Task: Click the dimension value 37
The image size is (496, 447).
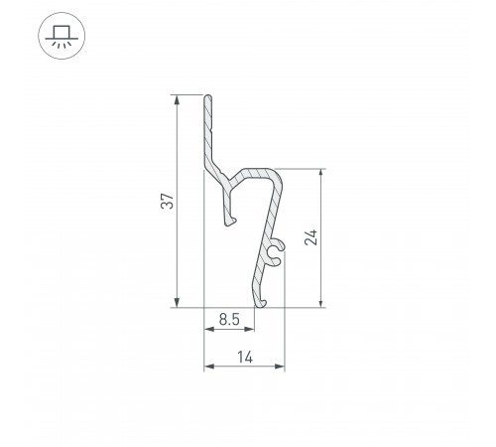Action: coord(168,201)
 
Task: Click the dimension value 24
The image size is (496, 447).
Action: coord(310,237)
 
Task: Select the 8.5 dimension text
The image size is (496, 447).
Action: coord(229,320)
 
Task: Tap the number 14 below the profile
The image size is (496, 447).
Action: coord(245,358)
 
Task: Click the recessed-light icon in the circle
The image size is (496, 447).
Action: coord(62,36)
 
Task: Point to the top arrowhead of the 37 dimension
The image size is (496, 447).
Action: coord(177,99)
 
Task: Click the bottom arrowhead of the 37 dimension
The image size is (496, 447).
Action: coord(177,303)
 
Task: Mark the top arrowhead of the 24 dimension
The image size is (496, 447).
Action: coord(320,174)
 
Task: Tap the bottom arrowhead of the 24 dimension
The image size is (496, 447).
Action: coord(320,303)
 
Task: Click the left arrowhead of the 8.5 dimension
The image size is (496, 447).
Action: coord(208,329)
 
